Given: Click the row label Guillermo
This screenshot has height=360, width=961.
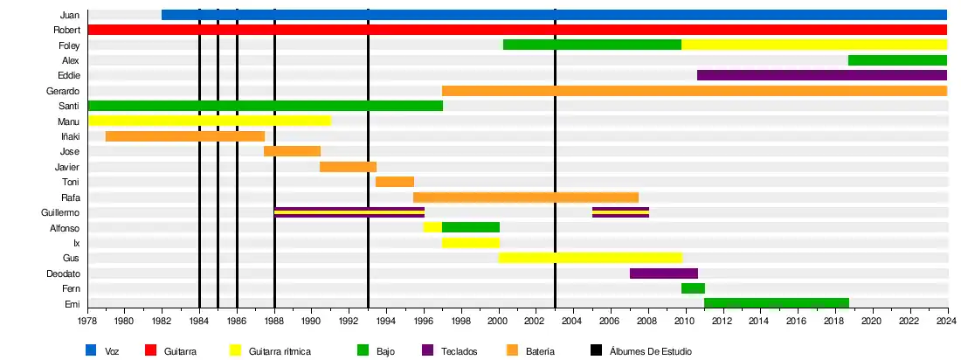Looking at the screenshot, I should tap(60, 212).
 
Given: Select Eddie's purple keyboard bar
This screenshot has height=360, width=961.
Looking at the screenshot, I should tap(821, 75).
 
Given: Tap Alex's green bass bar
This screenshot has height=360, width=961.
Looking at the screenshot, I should tap(897, 60).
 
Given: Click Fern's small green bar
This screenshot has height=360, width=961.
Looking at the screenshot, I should tap(693, 288).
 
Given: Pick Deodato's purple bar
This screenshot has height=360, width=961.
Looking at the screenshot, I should tap(663, 273).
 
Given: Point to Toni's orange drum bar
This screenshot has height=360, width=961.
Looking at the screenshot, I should tap(395, 182).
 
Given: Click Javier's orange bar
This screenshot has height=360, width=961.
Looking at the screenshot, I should tap(348, 167).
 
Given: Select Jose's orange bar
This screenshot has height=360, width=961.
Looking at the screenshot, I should tap(292, 151).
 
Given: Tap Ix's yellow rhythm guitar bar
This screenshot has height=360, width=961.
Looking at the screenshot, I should tap(470, 243).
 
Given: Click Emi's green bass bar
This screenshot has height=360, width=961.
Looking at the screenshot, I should tap(776, 303).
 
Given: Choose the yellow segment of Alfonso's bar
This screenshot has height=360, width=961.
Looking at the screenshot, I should tap(432, 227).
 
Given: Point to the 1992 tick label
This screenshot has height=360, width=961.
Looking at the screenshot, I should tap(349, 322).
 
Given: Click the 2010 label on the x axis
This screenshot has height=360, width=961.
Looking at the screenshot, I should tap(685, 322).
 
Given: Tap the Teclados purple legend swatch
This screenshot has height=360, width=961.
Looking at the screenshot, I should tap(428, 350).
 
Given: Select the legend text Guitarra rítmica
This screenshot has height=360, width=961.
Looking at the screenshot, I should tap(280, 351).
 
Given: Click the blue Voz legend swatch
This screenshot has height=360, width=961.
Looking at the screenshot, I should tap(91, 350).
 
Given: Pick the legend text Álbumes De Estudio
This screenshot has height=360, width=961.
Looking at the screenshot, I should tap(650, 351).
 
